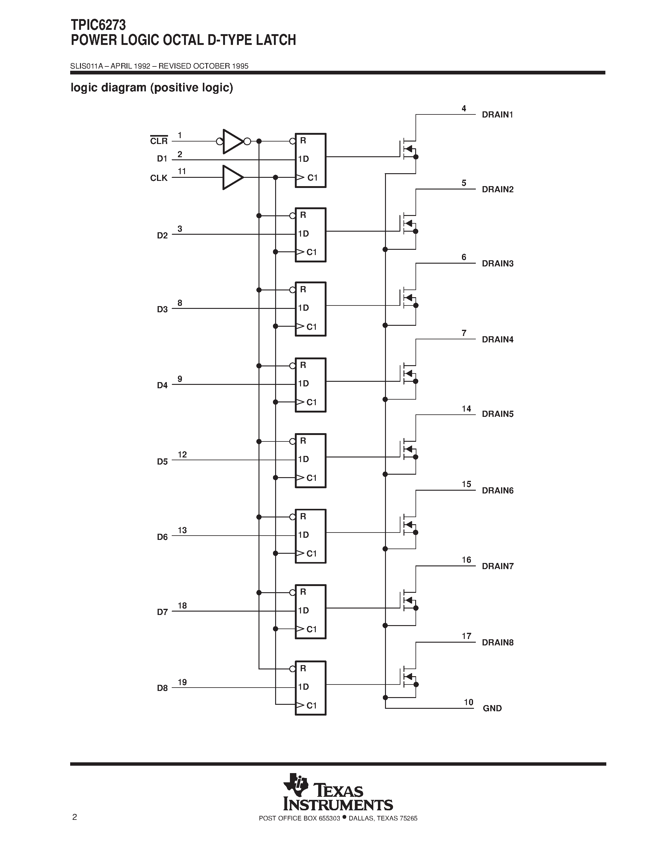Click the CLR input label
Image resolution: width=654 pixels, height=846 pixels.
click(x=159, y=141)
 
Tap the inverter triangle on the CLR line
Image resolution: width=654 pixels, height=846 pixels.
click(x=232, y=142)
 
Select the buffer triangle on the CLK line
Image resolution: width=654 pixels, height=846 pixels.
click(x=232, y=178)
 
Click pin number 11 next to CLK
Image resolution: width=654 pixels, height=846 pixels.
click(x=182, y=171)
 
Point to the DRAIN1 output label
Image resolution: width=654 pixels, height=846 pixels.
click(x=497, y=115)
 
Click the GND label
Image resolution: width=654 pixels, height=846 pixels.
click(x=492, y=708)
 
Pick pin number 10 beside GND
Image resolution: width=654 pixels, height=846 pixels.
click(x=468, y=702)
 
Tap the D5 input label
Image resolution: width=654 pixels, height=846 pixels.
click(x=162, y=461)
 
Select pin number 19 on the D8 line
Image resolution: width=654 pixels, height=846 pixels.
click(x=182, y=682)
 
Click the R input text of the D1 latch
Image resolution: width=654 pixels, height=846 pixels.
click(x=303, y=141)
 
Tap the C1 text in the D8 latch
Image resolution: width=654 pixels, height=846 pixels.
click(x=312, y=705)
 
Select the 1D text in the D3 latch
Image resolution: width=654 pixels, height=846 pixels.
click(x=303, y=308)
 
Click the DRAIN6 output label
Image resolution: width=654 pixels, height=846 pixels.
click(x=497, y=490)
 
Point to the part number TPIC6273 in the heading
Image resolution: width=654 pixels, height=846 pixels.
click(x=98, y=25)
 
